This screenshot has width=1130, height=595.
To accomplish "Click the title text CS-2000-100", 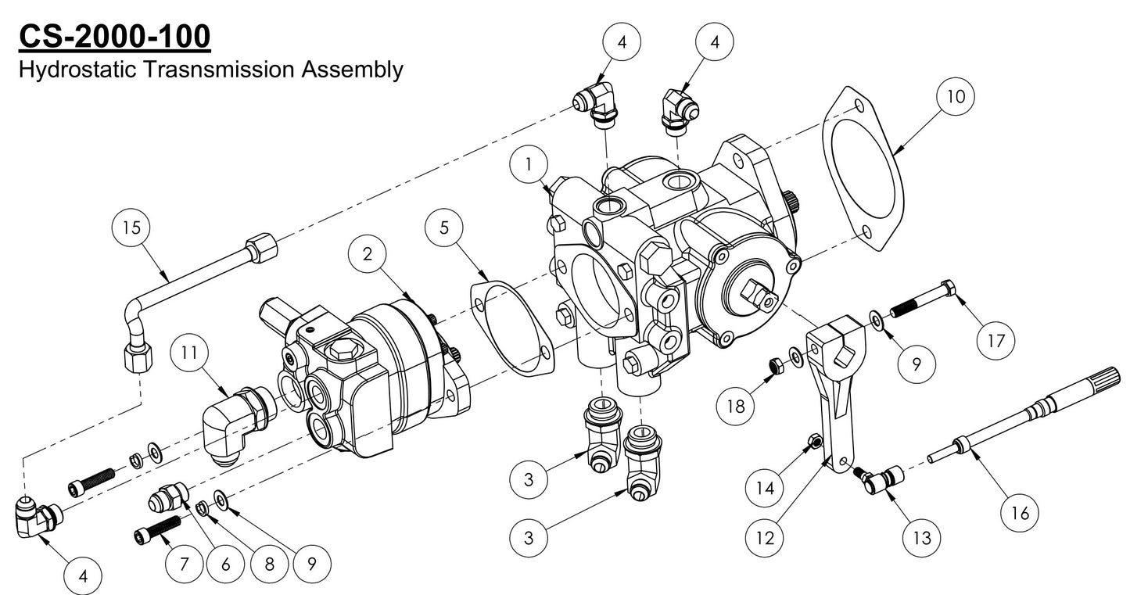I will tap(113, 35).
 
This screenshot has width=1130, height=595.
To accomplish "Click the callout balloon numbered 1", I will tap(529, 166).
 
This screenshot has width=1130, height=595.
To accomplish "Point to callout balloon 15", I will tap(131, 228).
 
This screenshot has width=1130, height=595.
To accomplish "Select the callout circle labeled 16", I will tap(1021, 513).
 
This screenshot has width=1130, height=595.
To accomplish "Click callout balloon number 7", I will tap(185, 563).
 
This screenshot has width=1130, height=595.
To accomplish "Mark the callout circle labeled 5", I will tap(444, 228).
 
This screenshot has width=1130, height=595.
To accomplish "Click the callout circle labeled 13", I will tap(920, 537).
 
